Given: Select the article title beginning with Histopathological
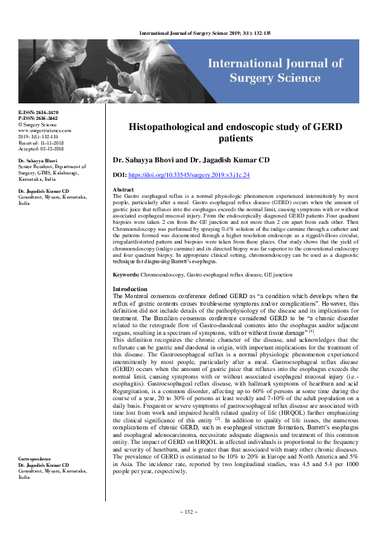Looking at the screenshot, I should [x=235, y=133].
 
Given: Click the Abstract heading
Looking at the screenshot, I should [x=123, y=190].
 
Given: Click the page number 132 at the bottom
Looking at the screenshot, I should [x=188, y=512].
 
